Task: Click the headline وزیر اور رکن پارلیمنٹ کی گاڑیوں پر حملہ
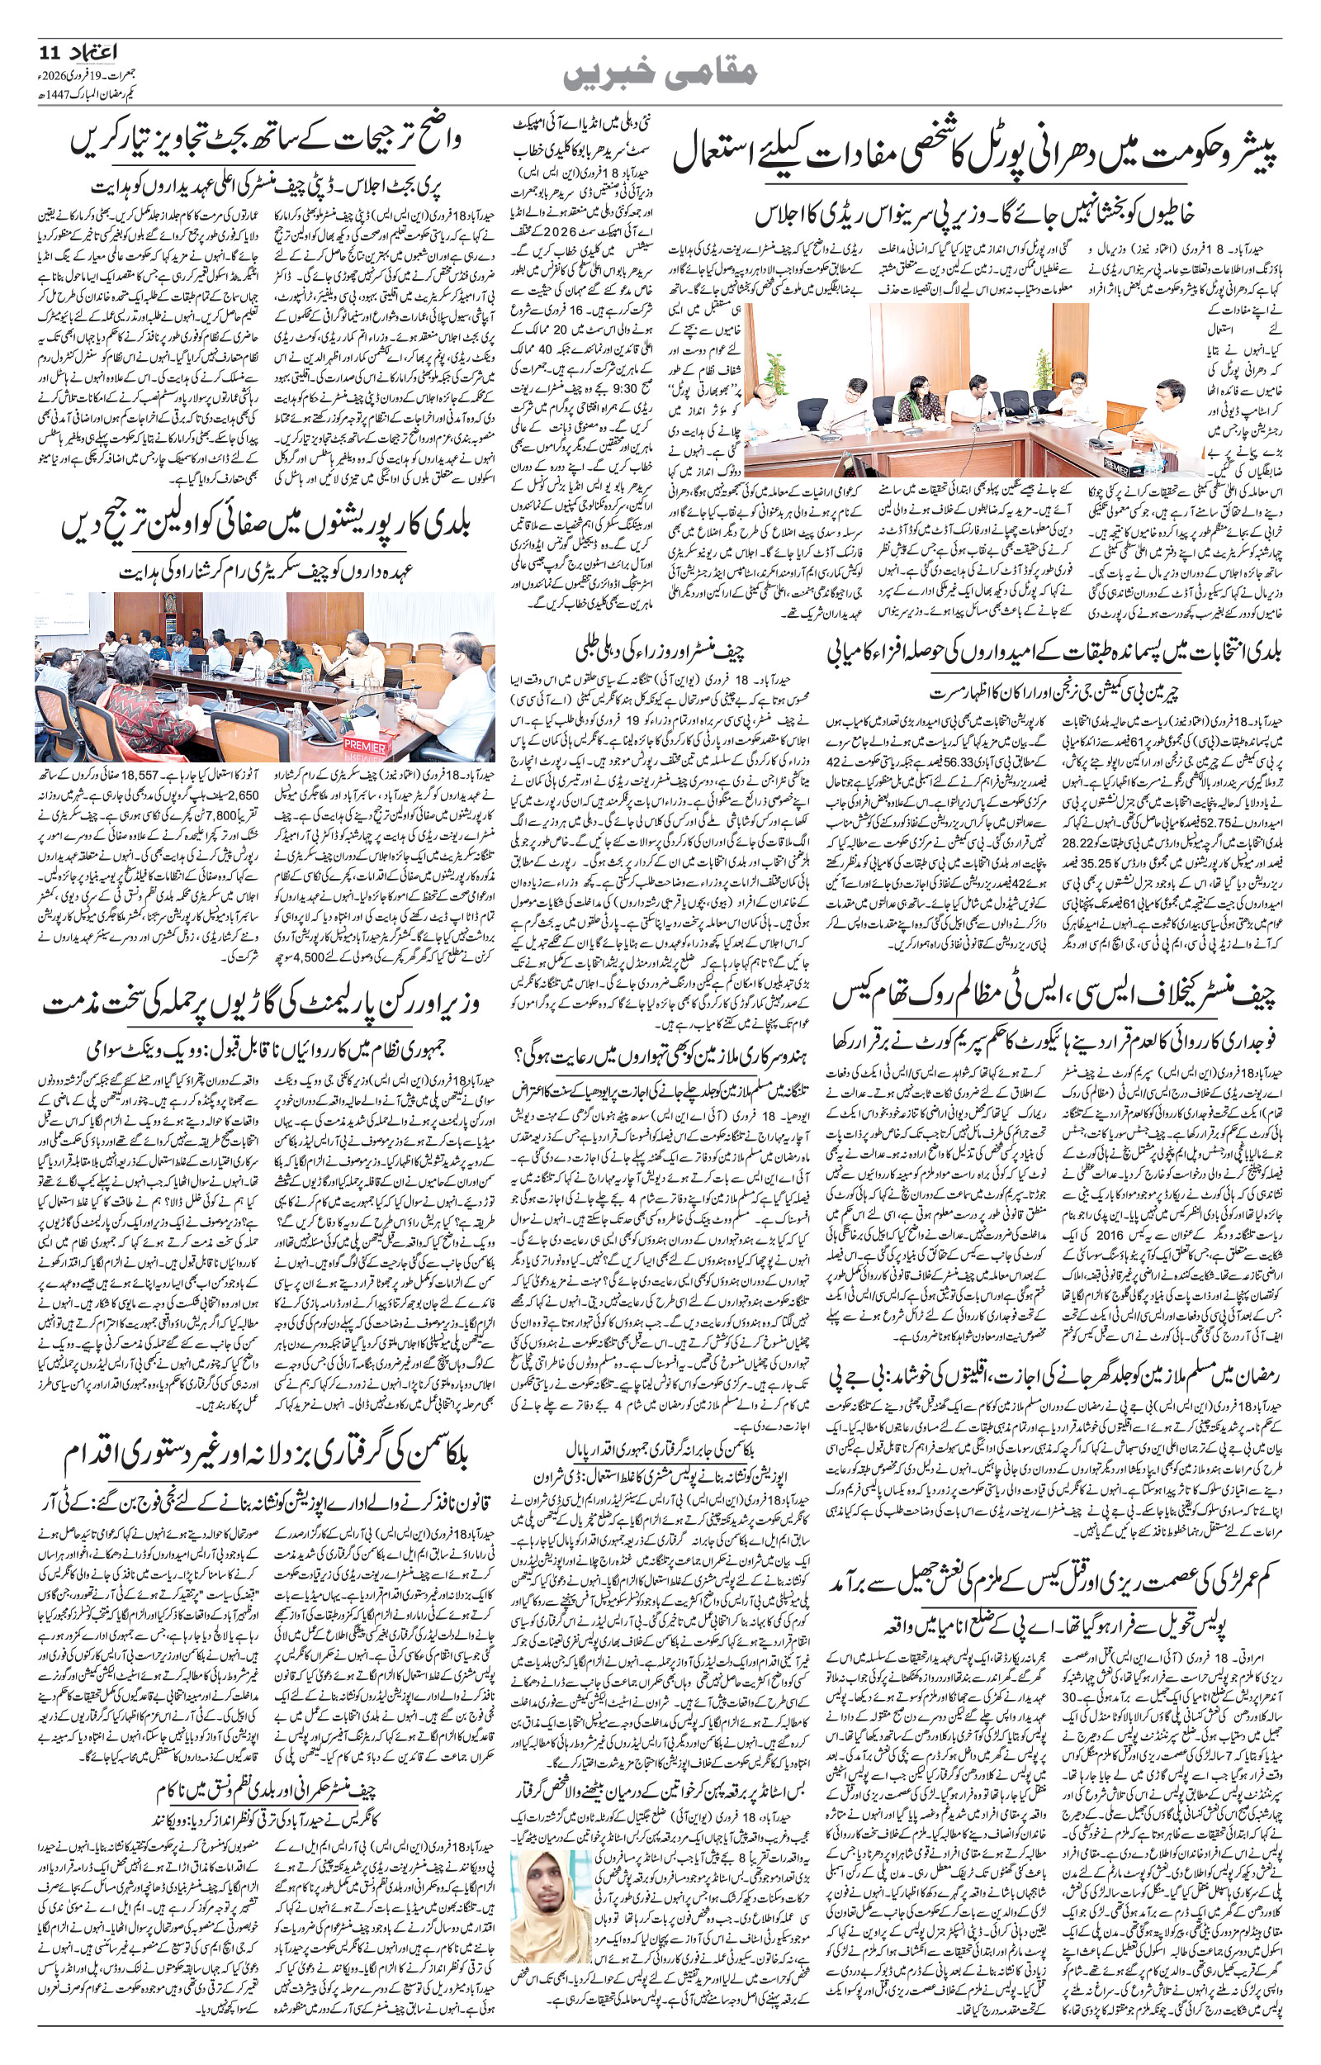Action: click(x=266, y=1004)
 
